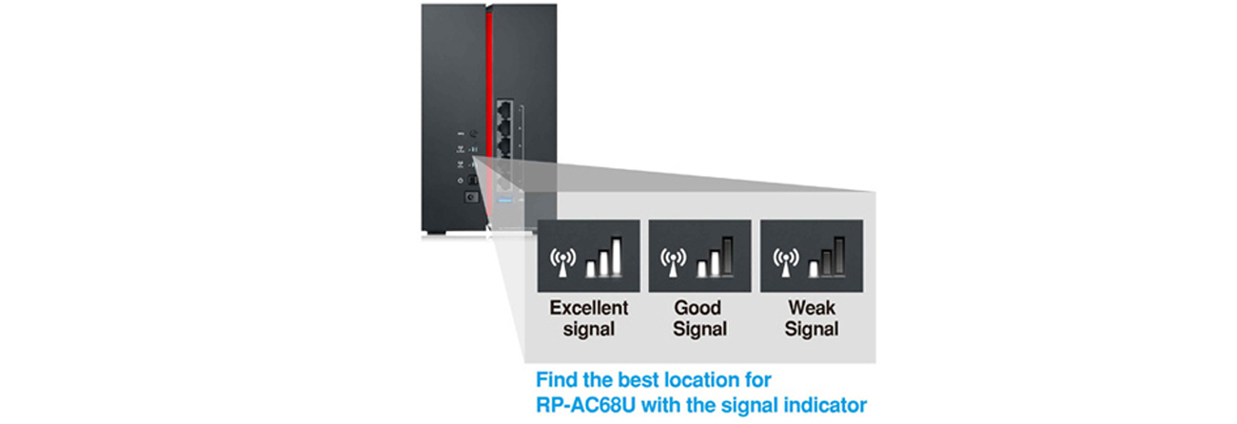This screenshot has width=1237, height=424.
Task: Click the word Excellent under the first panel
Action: coord(589,308)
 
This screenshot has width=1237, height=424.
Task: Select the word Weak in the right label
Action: coord(812,308)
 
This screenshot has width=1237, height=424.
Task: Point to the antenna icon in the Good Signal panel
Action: coord(673,261)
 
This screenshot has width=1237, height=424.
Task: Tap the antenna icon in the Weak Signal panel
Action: coord(785,261)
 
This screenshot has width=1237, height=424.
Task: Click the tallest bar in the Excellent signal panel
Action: coord(615,257)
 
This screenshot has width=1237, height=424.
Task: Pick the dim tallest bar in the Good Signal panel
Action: coord(727,257)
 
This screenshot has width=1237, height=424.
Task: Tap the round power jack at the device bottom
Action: coord(468,199)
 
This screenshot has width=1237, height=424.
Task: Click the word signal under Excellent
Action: coord(589,330)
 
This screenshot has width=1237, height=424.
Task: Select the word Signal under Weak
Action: coord(812,330)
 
